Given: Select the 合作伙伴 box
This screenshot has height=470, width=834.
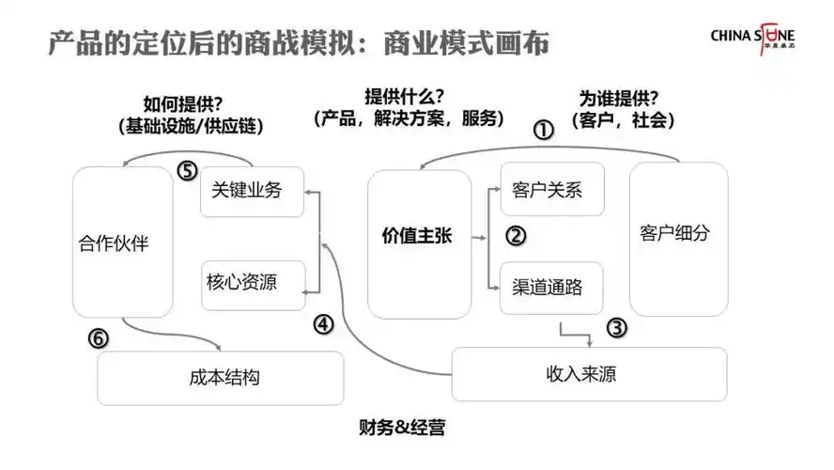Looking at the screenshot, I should point(123,243).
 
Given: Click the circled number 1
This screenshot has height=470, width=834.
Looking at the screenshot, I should point(543,130).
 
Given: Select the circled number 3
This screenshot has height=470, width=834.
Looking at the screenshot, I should point(616,327).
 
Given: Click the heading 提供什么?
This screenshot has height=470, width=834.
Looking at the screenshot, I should point(404,97).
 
